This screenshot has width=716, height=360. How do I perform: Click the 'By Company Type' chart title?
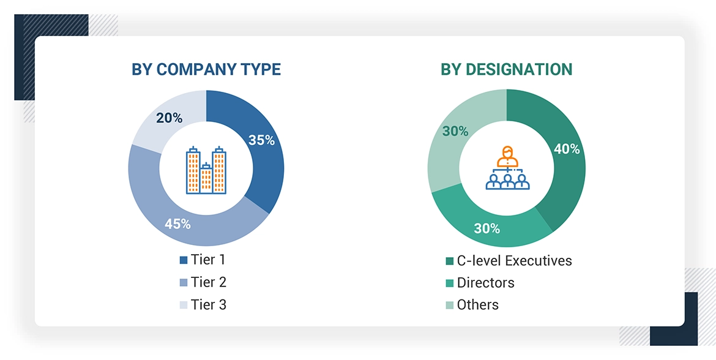pyautogui.click(x=206, y=69)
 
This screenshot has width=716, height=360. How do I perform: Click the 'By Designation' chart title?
pyautogui.click(x=506, y=69)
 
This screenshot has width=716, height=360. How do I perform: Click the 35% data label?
pyautogui.click(x=261, y=140)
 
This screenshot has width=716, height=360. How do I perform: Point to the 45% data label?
pyautogui.click(x=177, y=224)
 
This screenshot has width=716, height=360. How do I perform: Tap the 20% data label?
pyautogui.click(x=169, y=118)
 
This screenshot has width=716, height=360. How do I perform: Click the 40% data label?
pyautogui.click(x=566, y=149)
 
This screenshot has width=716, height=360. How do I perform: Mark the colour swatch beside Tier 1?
pyautogui.click(x=183, y=260)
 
